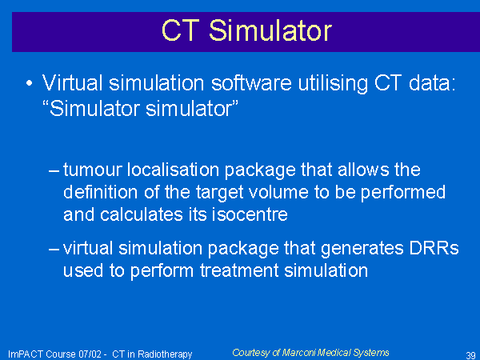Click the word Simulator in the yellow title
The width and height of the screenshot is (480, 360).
point(270,30)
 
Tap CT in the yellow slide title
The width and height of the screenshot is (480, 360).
point(180,30)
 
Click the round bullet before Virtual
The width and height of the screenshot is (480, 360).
point(29,83)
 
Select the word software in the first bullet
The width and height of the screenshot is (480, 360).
point(251,83)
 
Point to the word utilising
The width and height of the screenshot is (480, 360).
point(333,83)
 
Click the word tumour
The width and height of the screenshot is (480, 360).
point(93,170)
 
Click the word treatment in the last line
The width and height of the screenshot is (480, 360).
point(239,270)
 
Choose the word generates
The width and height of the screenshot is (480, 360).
point(362,249)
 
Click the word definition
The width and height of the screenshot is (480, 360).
point(101,192)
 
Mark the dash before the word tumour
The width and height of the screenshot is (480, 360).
point(54,171)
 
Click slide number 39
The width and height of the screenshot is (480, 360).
point(471,355)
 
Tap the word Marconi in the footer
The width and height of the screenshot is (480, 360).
point(298,353)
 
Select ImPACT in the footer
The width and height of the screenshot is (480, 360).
point(26,354)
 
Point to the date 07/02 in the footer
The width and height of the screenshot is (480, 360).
point(90,354)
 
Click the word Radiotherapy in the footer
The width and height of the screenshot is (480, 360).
point(165,354)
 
